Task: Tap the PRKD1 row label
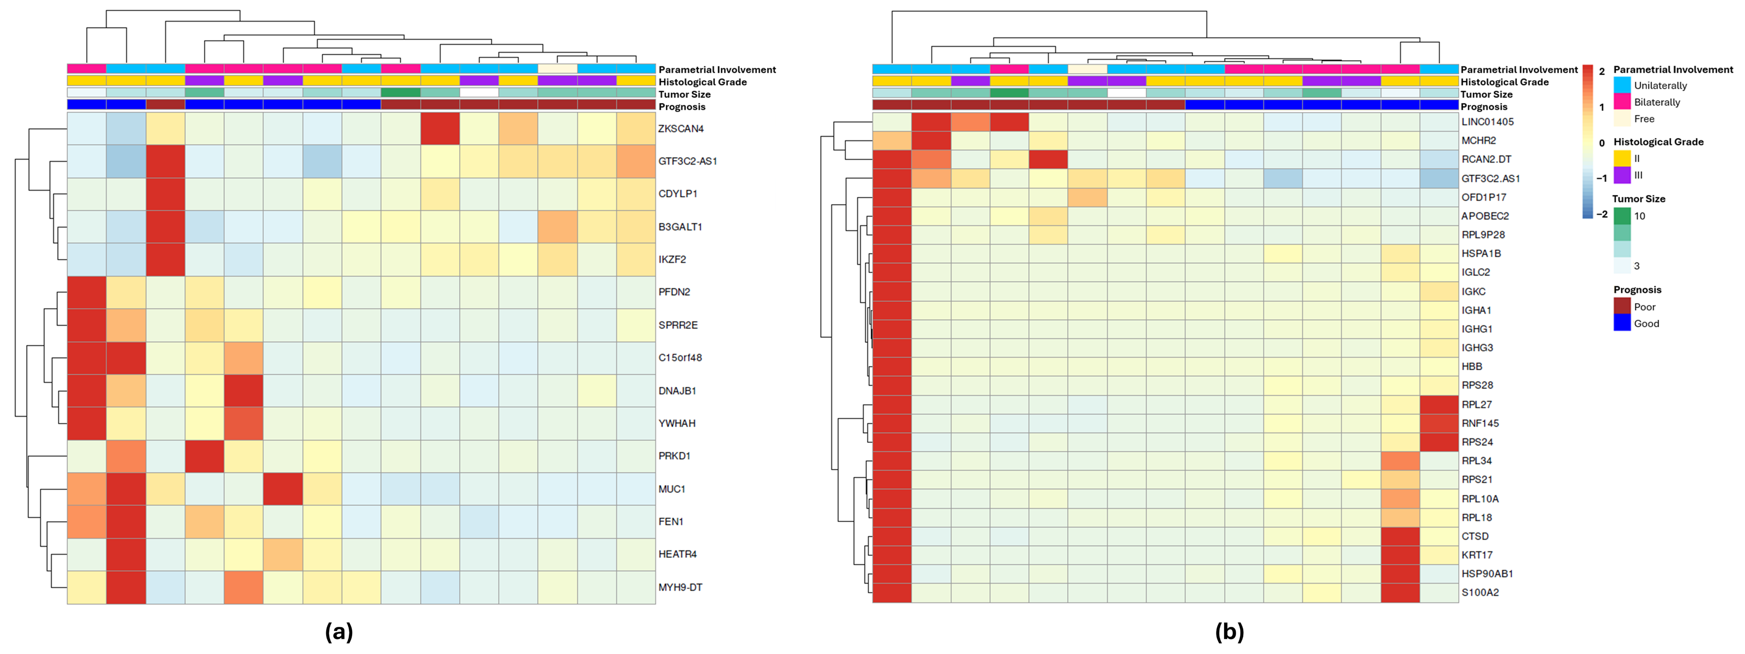674,456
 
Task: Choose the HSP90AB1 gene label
1487,574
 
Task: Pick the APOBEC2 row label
1485,216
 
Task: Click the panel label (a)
339,632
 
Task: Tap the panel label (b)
1229,632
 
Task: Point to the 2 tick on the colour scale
1601,71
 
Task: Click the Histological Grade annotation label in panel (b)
1504,82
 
